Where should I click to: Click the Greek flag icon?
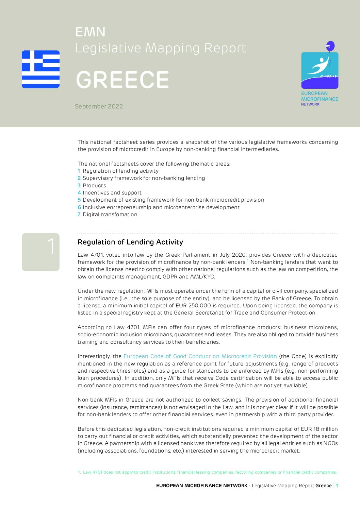coord(40,69)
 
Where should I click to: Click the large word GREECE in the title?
coord(122,80)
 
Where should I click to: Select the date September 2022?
coord(99,106)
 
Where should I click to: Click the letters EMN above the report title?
coord(90,32)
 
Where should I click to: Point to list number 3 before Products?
coord(79,186)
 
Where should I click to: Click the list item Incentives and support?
coord(112,193)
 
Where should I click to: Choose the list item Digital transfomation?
coord(110,215)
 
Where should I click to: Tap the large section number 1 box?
coord(41,252)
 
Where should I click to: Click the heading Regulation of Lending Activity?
coord(130,242)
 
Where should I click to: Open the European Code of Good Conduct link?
coord(200,356)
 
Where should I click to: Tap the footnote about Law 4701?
coord(207,472)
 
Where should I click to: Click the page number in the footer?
coord(337,486)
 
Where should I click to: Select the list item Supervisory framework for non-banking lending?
coord(144,178)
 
